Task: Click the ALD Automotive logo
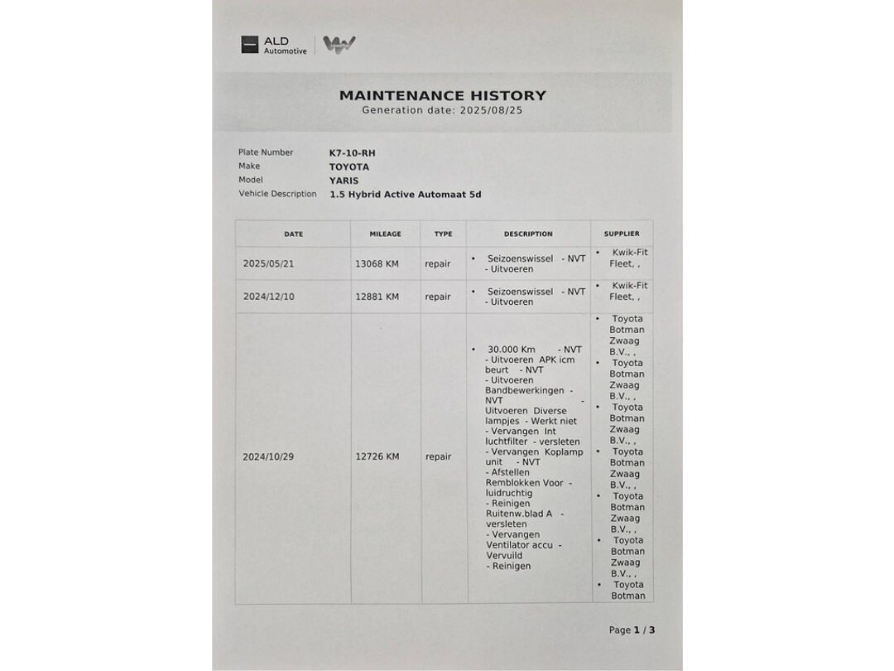pos(274,45)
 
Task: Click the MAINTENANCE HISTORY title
pos(443,95)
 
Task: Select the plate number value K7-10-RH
pos(352,153)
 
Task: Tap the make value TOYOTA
pos(349,167)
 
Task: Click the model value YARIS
pos(344,181)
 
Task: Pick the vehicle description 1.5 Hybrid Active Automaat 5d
pos(405,195)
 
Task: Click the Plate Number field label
pos(266,152)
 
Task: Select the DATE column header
pos(293,234)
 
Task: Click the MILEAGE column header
pos(385,234)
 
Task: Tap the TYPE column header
pos(443,234)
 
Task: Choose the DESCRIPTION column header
pos(528,234)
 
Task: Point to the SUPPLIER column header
pos(622,234)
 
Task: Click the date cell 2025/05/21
pos(268,264)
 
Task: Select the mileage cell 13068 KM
pos(377,264)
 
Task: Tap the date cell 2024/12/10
pos(268,297)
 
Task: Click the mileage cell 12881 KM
pos(377,297)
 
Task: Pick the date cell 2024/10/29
pos(268,456)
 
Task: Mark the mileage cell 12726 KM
pos(377,456)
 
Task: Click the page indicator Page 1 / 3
pos(632,630)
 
